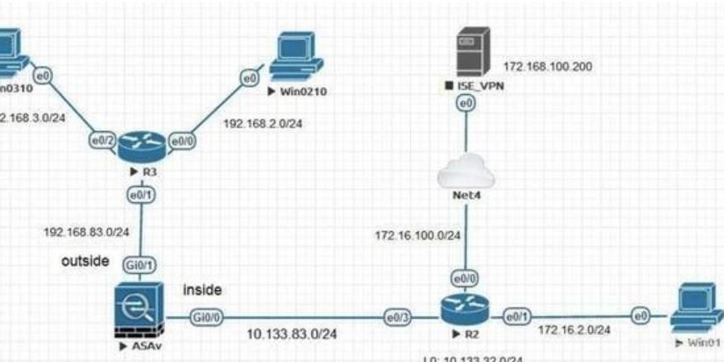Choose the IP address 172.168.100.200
(547, 66)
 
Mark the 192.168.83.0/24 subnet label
(86, 232)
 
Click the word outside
(86, 261)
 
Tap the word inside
(203, 289)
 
